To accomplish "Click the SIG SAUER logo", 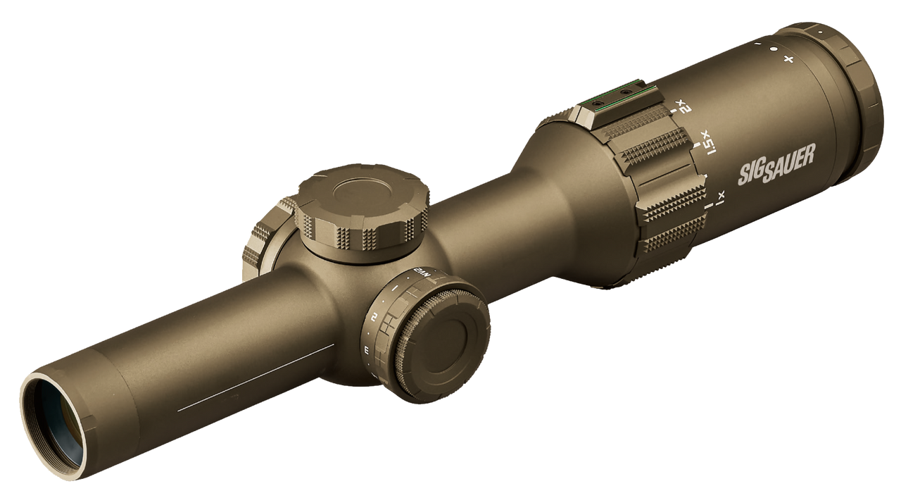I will (x=775, y=169).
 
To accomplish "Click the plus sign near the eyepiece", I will (x=788, y=59).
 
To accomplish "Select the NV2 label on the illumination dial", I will (x=421, y=271).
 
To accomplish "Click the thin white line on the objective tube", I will (x=253, y=377).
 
